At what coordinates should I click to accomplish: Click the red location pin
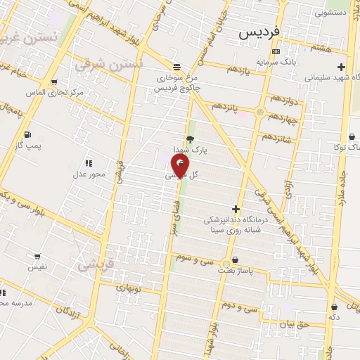pos(181,167)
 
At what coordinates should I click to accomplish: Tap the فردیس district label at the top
pos(259,32)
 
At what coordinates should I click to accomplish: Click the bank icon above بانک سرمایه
pos(276,51)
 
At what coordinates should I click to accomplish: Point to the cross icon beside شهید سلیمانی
pos(342,67)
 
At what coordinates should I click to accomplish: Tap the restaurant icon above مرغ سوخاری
pos(177,63)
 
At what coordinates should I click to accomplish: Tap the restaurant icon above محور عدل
pos(89,163)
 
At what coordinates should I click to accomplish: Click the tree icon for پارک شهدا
pos(190,139)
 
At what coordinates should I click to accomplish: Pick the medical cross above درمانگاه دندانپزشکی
pos(236,209)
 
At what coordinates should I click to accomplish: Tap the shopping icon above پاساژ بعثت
pos(235,260)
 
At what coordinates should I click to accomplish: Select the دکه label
pos(335,317)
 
